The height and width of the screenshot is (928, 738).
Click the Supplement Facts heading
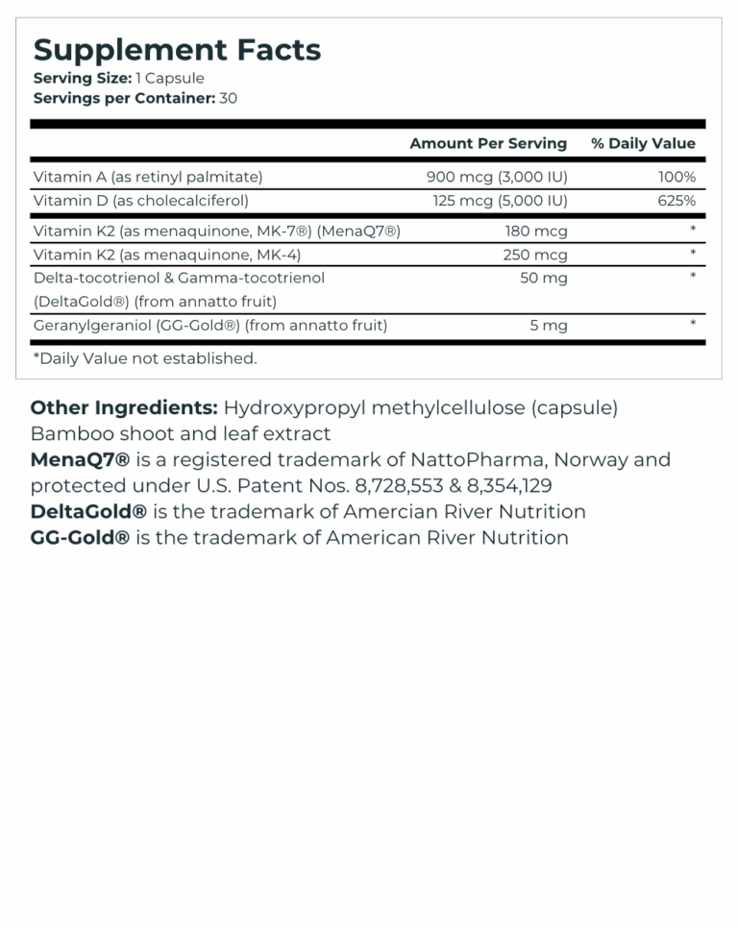pyautogui.click(x=177, y=50)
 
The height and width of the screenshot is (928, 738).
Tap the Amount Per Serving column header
pyautogui.click(x=488, y=143)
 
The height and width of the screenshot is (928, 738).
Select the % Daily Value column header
pyautogui.click(x=643, y=143)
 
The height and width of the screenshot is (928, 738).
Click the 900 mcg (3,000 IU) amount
pyautogui.click(x=497, y=177)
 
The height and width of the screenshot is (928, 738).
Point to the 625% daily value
pyautogui.click(x=676, y=201)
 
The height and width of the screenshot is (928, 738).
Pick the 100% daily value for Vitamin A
pyautogui.click(x=676, y=177)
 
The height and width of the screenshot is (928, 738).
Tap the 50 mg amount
pyautogui.click(x=543, y=278)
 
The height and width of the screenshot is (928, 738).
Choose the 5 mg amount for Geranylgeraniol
pyautogui.click(x=549, y=325)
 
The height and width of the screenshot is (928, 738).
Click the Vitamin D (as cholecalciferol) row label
pyautogui.click(x=140, y=201)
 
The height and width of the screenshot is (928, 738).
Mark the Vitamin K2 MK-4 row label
pyautogui.click(x=166, y=255)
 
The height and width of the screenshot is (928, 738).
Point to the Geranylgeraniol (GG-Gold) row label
pyautogui.click(x=209, y=325)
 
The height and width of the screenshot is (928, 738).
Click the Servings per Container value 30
pyautogui.click(x=228, y=98)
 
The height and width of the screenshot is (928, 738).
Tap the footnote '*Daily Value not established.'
pyautogui.click(x=145, y=358)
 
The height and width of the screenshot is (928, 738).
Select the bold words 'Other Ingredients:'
pyautogui.click(x=124, y=407)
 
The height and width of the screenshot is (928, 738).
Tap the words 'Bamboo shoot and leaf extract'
pyautogui.click(x=181, y=433)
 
